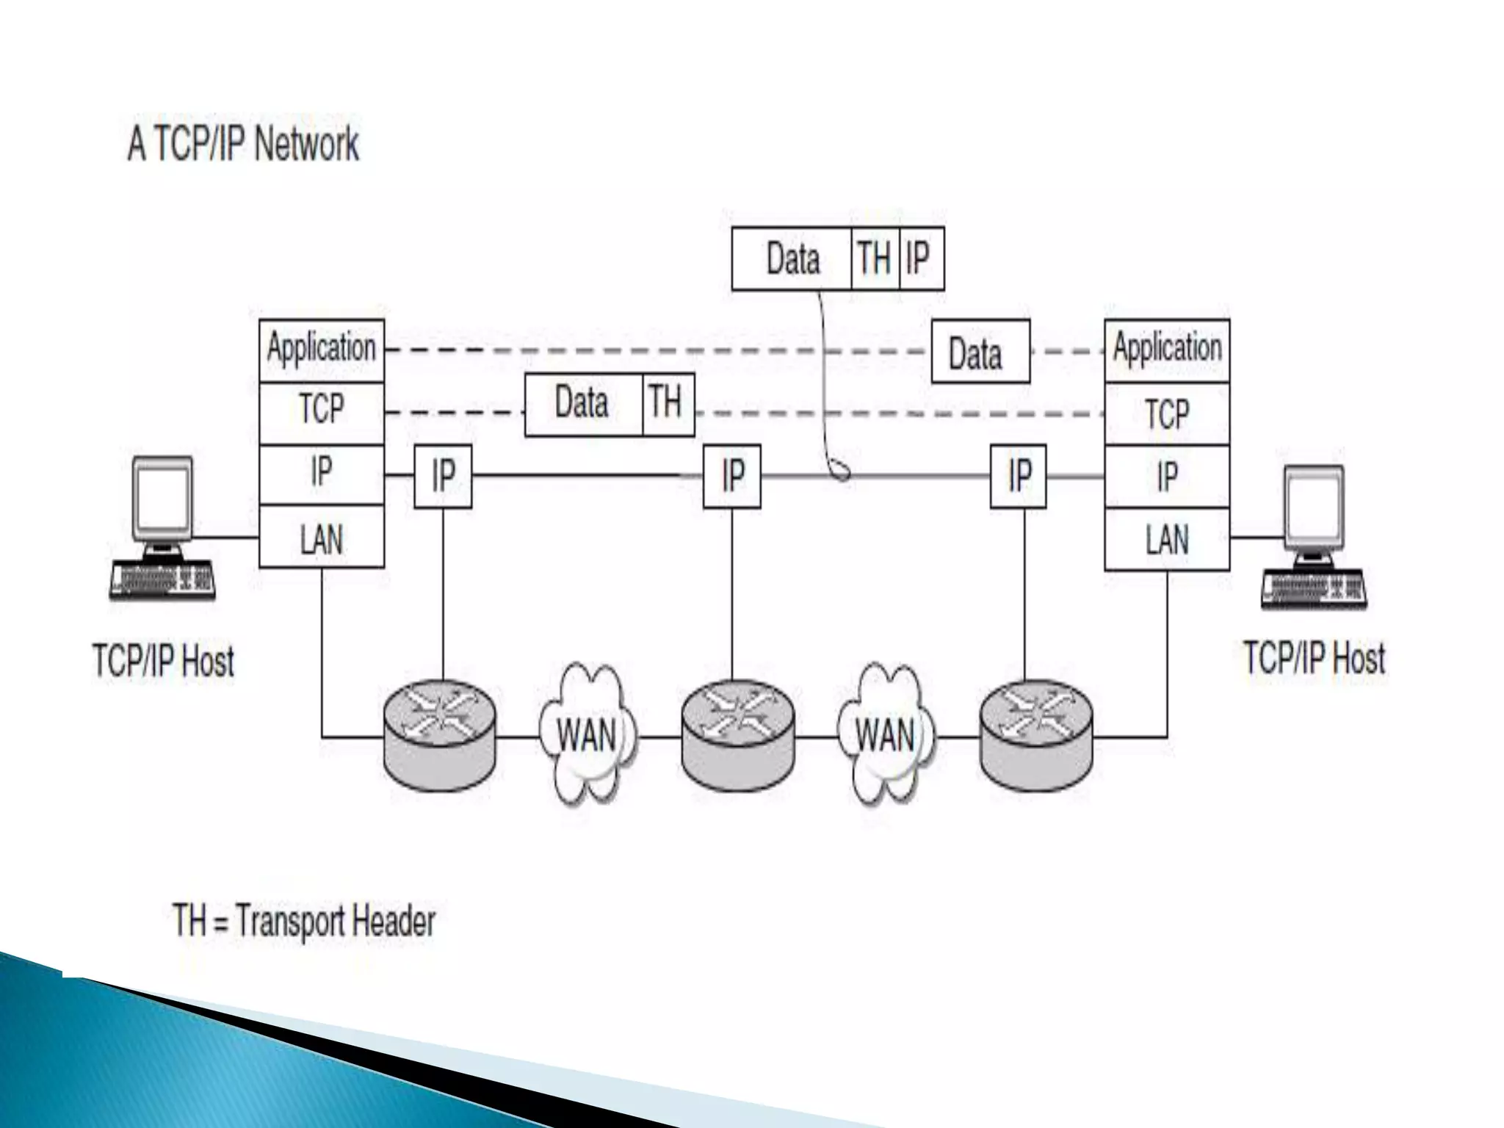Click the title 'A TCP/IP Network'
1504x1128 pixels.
point(243,143)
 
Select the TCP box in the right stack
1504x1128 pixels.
point(1167,413)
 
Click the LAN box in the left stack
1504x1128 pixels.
point(322,537)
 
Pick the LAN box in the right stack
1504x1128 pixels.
point(1167,539)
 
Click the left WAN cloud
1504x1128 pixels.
point(587,734)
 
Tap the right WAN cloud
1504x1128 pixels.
point(886,734)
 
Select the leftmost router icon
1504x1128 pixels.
point(440,735)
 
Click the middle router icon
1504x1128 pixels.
point(738,735)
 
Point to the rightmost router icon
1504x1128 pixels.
point(1036,735)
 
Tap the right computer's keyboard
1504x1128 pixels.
point(1314,590)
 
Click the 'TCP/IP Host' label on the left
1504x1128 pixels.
point(163,660)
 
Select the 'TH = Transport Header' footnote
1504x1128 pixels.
point(304,920)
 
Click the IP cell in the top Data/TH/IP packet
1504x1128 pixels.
point(921,258)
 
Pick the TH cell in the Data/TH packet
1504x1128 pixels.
point(668,404)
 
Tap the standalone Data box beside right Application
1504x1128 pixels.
point(980,352)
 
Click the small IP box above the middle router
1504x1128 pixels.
point(731,476)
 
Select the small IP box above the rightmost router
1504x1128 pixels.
point(1018,476)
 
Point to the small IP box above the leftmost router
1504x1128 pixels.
point(443,476)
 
